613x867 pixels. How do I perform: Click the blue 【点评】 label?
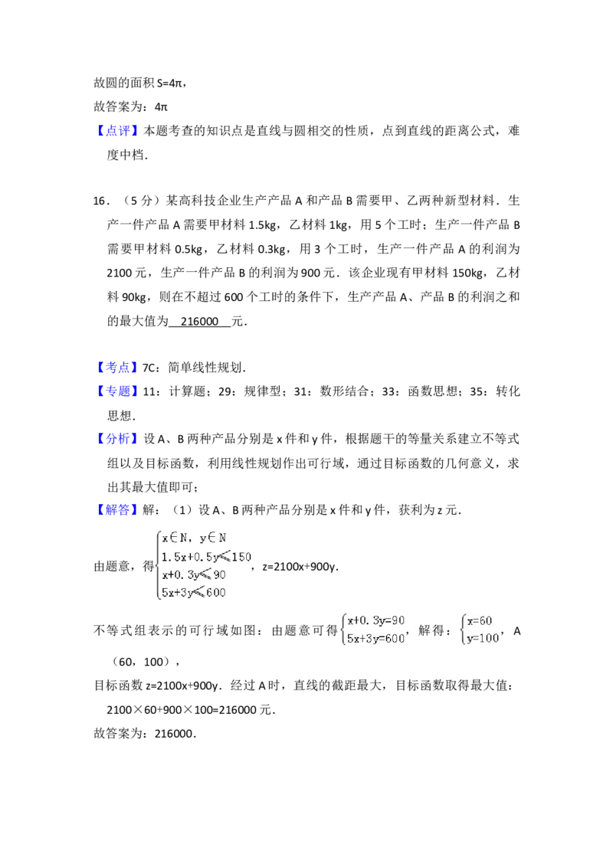click(119, 131)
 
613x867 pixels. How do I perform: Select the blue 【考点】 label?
click(119, 368)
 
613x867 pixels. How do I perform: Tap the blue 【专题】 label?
click(119, 391)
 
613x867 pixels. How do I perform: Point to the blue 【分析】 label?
click(119, 439)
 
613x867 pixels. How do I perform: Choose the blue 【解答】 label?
click(119, 511)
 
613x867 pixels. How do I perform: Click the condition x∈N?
click(175, 538)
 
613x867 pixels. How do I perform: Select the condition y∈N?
click(212, 538)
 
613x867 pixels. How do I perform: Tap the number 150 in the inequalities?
click(241, 557)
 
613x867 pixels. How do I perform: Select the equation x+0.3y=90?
click(375, 621)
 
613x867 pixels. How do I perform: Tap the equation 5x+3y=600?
click(375, 640)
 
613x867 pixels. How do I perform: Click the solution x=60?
click(480, 621)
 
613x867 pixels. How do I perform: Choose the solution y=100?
click(482, 640)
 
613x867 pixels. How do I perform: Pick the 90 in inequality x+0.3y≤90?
click(219, 574)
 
